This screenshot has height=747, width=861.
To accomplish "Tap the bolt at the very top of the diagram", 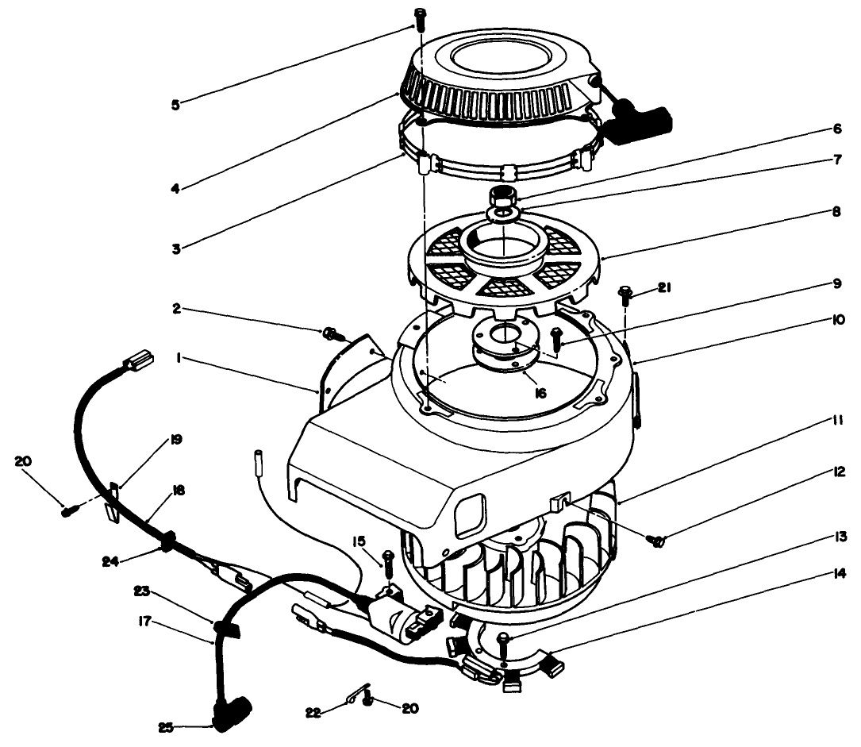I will click(420, 15).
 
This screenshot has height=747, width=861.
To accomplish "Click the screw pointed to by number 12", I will click(656, 541).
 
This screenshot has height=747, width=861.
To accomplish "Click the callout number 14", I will click(814, 571).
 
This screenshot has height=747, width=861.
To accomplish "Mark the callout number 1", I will click(180, 358).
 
